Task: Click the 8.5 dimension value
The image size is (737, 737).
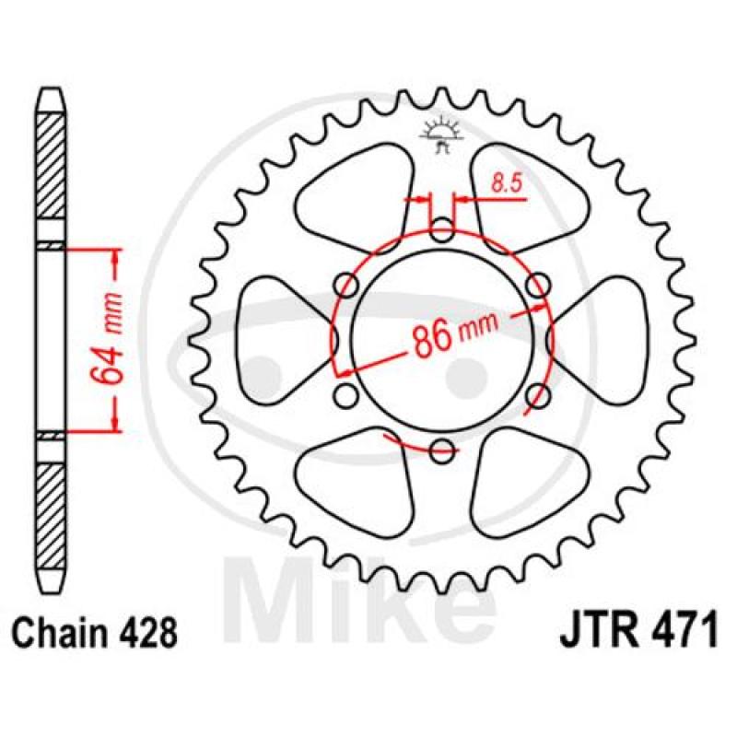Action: [507, 182]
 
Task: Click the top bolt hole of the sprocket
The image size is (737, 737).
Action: [442, 230]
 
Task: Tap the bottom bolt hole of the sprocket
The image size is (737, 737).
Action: [442, 450]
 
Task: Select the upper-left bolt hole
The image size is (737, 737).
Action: [346, 286]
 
